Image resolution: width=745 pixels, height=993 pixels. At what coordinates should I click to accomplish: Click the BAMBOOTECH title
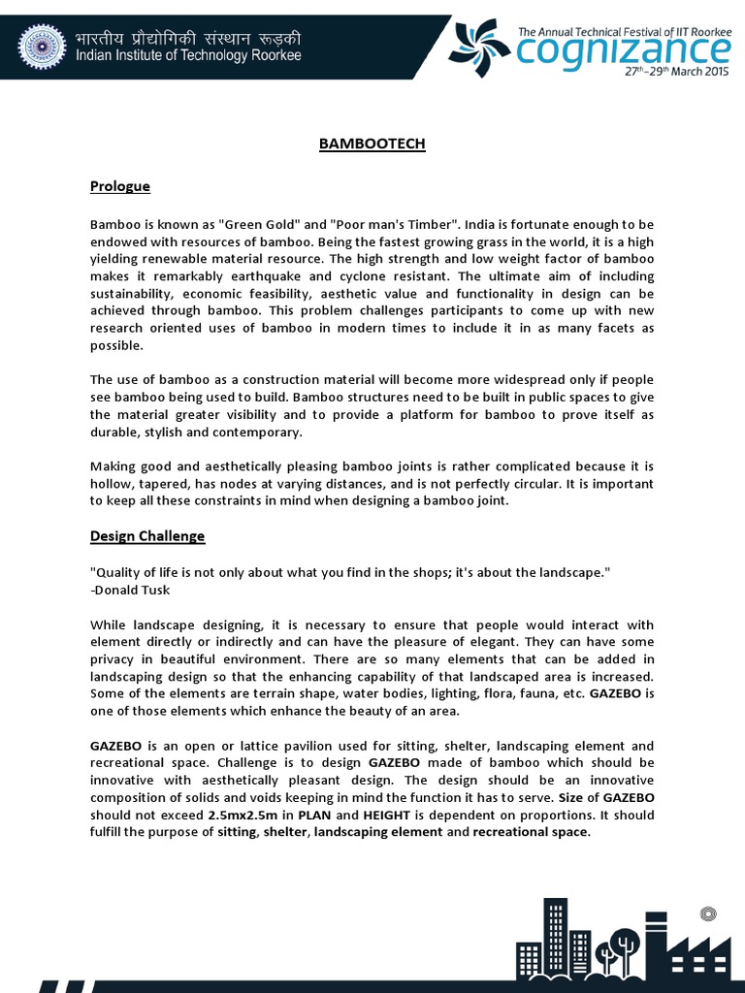click(372, 144)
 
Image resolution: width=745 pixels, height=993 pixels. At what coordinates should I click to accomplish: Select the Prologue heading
click(120, 185)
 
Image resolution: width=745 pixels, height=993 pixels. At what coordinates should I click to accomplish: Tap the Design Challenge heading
click(147, 536)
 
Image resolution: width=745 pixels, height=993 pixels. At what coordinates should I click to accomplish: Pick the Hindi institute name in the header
click(188, 38)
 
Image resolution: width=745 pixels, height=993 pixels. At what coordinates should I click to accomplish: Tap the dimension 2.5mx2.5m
click(242, 816)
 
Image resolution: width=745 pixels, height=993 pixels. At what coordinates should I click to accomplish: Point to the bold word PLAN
click(316, 816)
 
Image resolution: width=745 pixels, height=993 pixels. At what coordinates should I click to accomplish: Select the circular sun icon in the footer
click(707, 913)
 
